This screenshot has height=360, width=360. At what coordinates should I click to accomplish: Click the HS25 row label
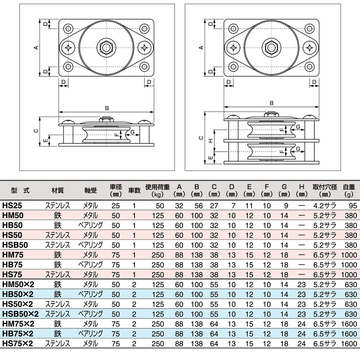coord(12,205)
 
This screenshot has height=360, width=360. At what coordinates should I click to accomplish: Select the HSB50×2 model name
coord(20,314)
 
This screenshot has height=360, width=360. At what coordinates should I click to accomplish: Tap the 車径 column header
coord(116,190)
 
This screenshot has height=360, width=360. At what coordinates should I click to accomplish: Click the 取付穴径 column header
coord(325,190)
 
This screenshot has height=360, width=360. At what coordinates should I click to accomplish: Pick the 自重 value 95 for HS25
coord(353,206)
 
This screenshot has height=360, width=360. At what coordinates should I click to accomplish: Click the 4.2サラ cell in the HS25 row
coord(325,206)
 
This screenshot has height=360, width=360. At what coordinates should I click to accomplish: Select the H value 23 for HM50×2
coord(301,284)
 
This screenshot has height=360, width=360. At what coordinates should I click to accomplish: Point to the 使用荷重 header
coord(157,190)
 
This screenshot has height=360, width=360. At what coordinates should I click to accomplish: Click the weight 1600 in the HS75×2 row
coord(349,344)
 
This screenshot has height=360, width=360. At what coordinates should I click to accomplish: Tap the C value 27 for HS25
coord(214,206)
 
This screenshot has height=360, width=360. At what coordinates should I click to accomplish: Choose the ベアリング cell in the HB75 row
coord(90,265)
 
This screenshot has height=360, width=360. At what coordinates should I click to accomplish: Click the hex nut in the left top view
coord(106,48)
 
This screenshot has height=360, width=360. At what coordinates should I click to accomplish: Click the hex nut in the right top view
coord(271,48)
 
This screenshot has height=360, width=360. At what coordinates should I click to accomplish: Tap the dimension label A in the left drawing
coord(36,48)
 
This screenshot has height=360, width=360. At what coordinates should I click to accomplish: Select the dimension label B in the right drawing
coord(271,103)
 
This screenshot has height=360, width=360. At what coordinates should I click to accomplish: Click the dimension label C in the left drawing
coord(36,131)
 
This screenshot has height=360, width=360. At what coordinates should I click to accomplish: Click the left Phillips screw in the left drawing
coord(68,48)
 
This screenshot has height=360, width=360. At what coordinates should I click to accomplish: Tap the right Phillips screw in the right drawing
coord(309,48)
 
